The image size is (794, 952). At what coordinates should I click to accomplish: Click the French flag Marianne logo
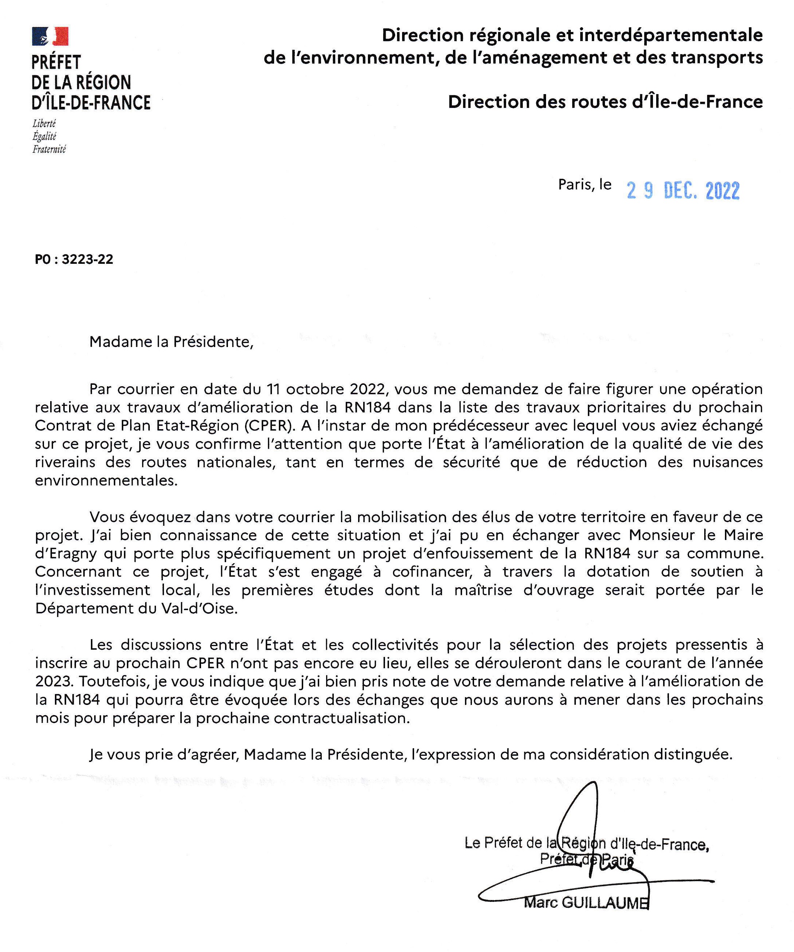pos(50,36)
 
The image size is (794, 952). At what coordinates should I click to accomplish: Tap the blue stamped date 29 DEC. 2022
pos(683,190)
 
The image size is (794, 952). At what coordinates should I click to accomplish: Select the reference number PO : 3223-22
pos(74,259)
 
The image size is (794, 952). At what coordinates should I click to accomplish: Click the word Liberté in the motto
pos(44,123)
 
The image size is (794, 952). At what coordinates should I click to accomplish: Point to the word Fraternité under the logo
pos(49,149)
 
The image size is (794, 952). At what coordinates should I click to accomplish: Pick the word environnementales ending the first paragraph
pos(106,480)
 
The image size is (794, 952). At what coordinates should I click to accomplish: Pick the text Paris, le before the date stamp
pos(585,185)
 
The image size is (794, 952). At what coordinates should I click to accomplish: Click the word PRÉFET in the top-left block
pos(56,62)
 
